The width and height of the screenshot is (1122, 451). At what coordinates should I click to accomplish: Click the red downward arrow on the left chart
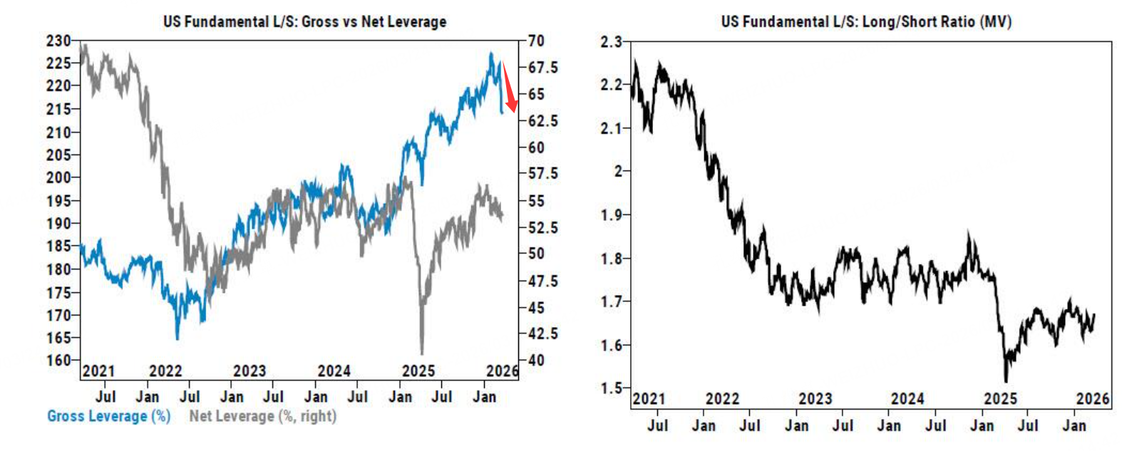(509, 89)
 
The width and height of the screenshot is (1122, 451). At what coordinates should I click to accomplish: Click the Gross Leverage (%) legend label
(108, 416)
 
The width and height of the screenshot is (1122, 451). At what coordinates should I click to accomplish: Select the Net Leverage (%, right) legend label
(262, 416)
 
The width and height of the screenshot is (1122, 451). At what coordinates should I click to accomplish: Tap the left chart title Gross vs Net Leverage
(304, 21)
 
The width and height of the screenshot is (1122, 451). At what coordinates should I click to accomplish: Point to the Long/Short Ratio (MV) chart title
(865, 21)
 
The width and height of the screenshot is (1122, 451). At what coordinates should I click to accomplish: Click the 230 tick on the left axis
(58, 41)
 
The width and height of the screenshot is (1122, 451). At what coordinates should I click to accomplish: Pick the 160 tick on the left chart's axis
(58, 361)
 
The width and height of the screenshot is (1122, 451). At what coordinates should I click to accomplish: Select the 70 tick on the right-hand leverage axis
(536, 41)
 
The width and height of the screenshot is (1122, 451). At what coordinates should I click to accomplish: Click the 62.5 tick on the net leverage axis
(543, 120)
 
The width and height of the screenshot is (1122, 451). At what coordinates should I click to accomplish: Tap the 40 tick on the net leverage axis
(536, 361)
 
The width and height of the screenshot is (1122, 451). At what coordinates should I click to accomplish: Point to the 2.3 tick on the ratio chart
(611, 42)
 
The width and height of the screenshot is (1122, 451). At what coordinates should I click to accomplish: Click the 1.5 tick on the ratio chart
(611, 388)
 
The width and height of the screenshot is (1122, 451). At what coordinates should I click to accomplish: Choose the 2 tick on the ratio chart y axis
(618, 172)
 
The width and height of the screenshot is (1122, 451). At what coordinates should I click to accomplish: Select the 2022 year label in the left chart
(165, 371)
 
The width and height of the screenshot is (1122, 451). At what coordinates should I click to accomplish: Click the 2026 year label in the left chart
(502, 371)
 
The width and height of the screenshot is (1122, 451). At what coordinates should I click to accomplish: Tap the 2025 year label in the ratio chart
(1000, 399)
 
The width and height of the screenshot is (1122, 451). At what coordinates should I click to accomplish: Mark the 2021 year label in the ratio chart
(649, 399)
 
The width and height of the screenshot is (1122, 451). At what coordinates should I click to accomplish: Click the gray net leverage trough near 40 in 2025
(422, 352)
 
